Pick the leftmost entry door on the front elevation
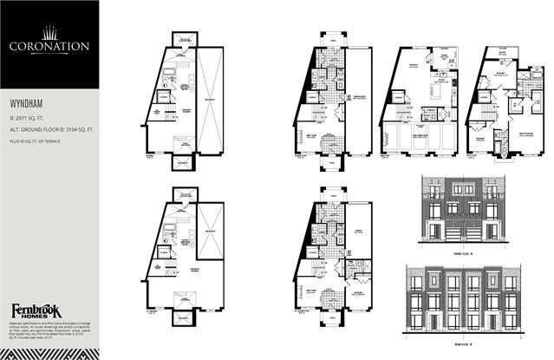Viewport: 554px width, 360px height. [x=426, y=232]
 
